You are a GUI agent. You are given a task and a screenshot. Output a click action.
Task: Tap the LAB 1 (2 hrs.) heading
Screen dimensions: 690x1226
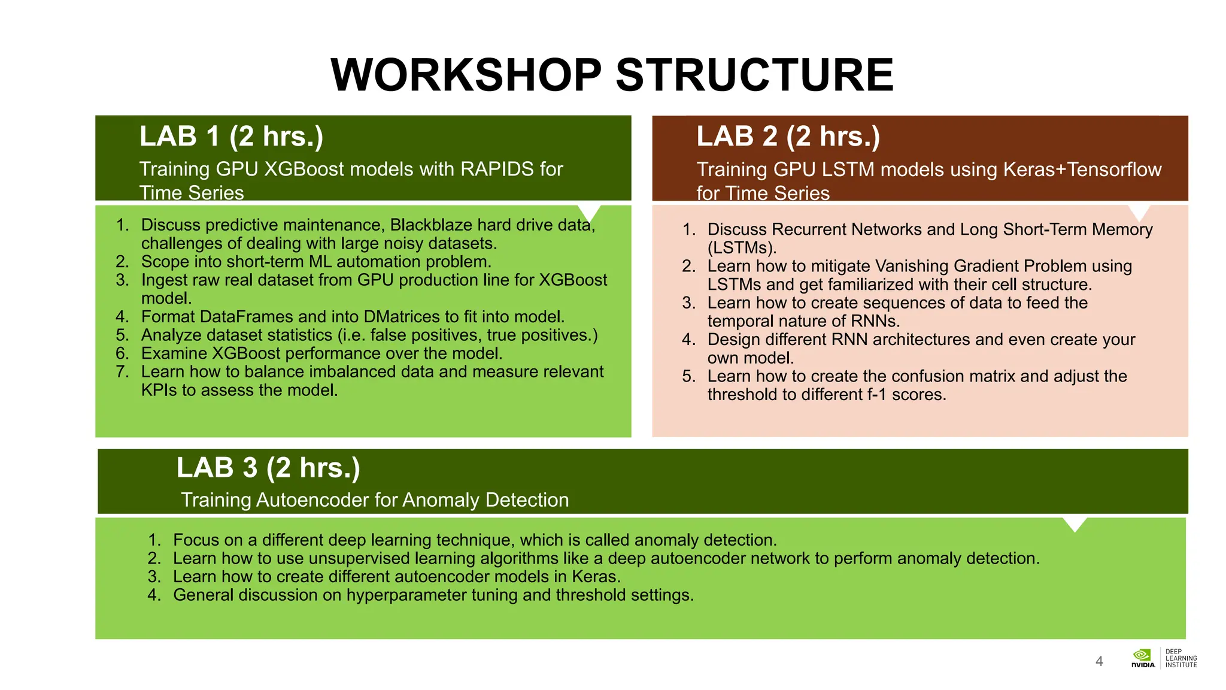coord(231,137)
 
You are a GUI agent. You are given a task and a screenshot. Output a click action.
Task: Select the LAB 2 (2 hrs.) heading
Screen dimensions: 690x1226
coord(788,137)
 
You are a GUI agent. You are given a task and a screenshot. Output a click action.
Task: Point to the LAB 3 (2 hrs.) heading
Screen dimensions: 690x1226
coord(268,468)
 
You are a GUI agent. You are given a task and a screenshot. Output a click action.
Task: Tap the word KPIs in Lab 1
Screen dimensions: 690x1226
coord(159,391)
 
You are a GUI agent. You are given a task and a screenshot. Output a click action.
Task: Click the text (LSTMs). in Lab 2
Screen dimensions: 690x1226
coord(741,248)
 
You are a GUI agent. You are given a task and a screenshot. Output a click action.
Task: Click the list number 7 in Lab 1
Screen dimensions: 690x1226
coord(122,372)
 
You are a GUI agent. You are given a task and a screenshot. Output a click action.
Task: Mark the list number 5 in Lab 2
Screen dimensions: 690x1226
coord(688,377)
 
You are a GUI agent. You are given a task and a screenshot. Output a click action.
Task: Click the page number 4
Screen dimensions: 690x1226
coord(1099,661)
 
